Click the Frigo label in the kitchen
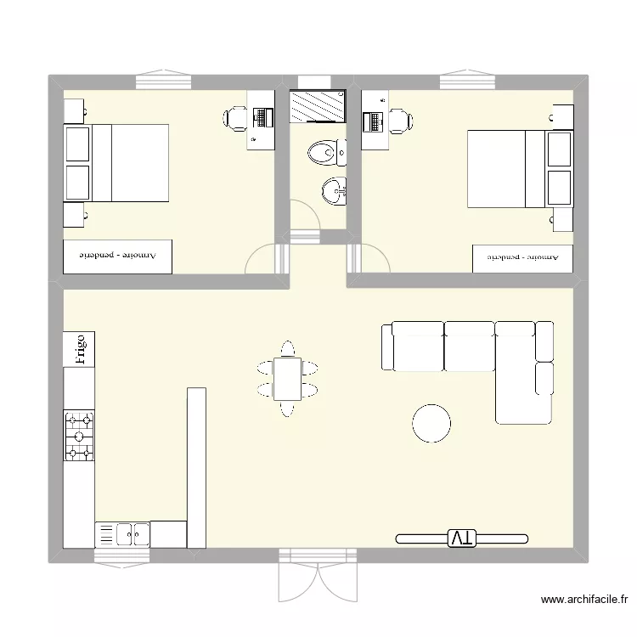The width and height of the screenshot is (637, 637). tap(81, 349)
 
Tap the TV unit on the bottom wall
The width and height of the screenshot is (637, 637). tap(462, 538)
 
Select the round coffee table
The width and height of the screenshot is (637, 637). tap(431, 423)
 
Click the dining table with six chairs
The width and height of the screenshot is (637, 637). tap(288, 379)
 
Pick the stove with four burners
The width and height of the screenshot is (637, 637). tap(79, 436)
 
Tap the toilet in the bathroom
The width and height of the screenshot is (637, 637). tap(324, 154)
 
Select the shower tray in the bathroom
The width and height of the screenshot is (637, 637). tap(318, 107)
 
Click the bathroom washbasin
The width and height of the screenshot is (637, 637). tap(334, 190)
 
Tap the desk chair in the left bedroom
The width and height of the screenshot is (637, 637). tap(235, 119)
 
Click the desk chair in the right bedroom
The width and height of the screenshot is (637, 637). tap(397, 120)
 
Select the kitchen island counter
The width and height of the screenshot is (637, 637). tap(196, 467)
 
